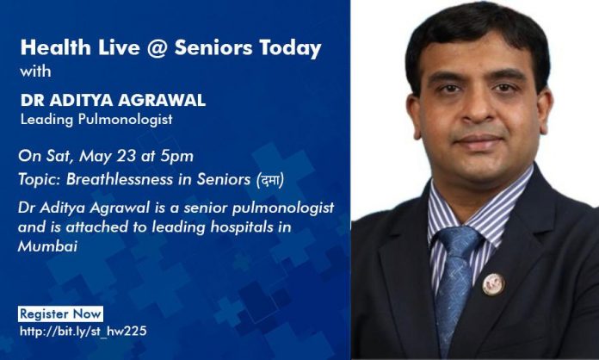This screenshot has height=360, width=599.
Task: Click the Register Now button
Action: (60, 313)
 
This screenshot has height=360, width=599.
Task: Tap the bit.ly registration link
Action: (83, 331)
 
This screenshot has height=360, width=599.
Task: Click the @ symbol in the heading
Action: (157, 48)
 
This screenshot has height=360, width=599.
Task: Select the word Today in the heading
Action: (290, 49)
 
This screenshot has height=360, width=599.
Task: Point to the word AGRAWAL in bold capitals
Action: (162, 100)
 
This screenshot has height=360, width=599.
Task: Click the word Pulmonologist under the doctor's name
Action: (126, 120)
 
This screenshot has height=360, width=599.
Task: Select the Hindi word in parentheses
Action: (269, 180)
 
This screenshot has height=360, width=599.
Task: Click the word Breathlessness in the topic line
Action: (119, 180)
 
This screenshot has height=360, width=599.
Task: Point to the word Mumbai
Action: (47, 246)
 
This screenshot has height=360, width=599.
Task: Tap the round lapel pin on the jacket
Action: (493, 284)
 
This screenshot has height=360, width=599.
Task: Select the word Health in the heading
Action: (56, 47)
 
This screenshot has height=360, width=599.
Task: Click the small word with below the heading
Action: (35, 71)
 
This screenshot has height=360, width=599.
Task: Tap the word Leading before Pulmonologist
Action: (46, 120)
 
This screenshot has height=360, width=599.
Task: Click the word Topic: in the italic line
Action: (39, 180)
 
